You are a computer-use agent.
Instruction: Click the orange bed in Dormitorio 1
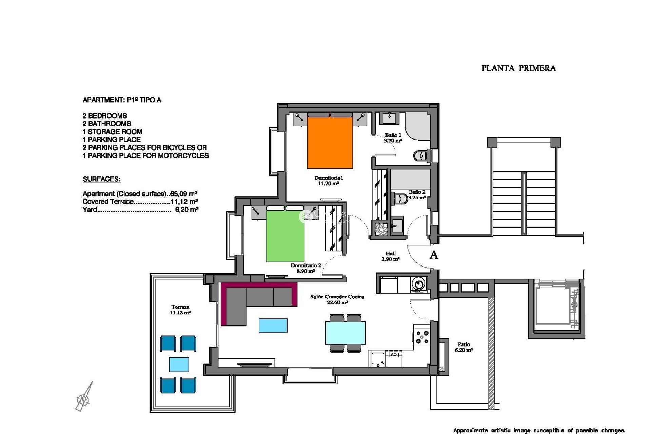click(330, 142)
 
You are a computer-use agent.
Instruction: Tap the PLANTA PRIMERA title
click(518, 68)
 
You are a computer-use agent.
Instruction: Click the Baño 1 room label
click(393, 138)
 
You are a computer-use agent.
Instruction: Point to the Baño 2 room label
click(417, 195)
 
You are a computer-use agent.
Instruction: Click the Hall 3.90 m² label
click(390, 256)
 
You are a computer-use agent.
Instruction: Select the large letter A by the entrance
click(434, 255)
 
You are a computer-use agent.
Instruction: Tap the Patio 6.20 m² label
click(463, 347)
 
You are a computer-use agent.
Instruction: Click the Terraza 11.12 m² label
click(180, 310)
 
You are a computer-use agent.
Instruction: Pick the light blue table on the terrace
click(179, 364)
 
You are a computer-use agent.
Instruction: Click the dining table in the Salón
click(345, 333)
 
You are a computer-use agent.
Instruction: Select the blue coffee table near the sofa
click(273, 325)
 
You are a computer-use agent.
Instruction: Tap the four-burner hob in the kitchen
click(421, 337)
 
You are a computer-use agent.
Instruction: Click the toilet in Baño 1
click(419, 156)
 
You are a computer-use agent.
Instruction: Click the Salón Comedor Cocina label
click(337, 299)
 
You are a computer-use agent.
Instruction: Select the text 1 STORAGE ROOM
click(112, 132)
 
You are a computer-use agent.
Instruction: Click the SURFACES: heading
click(102, 179)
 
